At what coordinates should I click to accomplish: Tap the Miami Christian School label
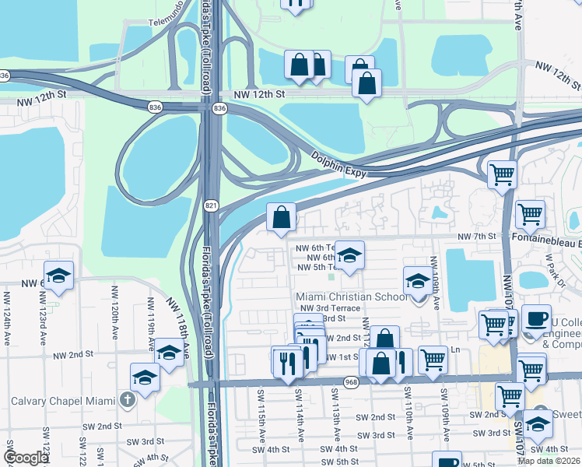(x=351, y=297)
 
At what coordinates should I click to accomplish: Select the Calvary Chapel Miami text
(x=62, y=401)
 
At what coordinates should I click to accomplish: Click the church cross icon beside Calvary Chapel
(x=128, y=401)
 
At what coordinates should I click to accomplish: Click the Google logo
(x=26, y=458)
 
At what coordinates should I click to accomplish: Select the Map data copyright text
(x=548, y=461)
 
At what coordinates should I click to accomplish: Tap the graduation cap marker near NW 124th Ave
(x=58, y=276)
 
